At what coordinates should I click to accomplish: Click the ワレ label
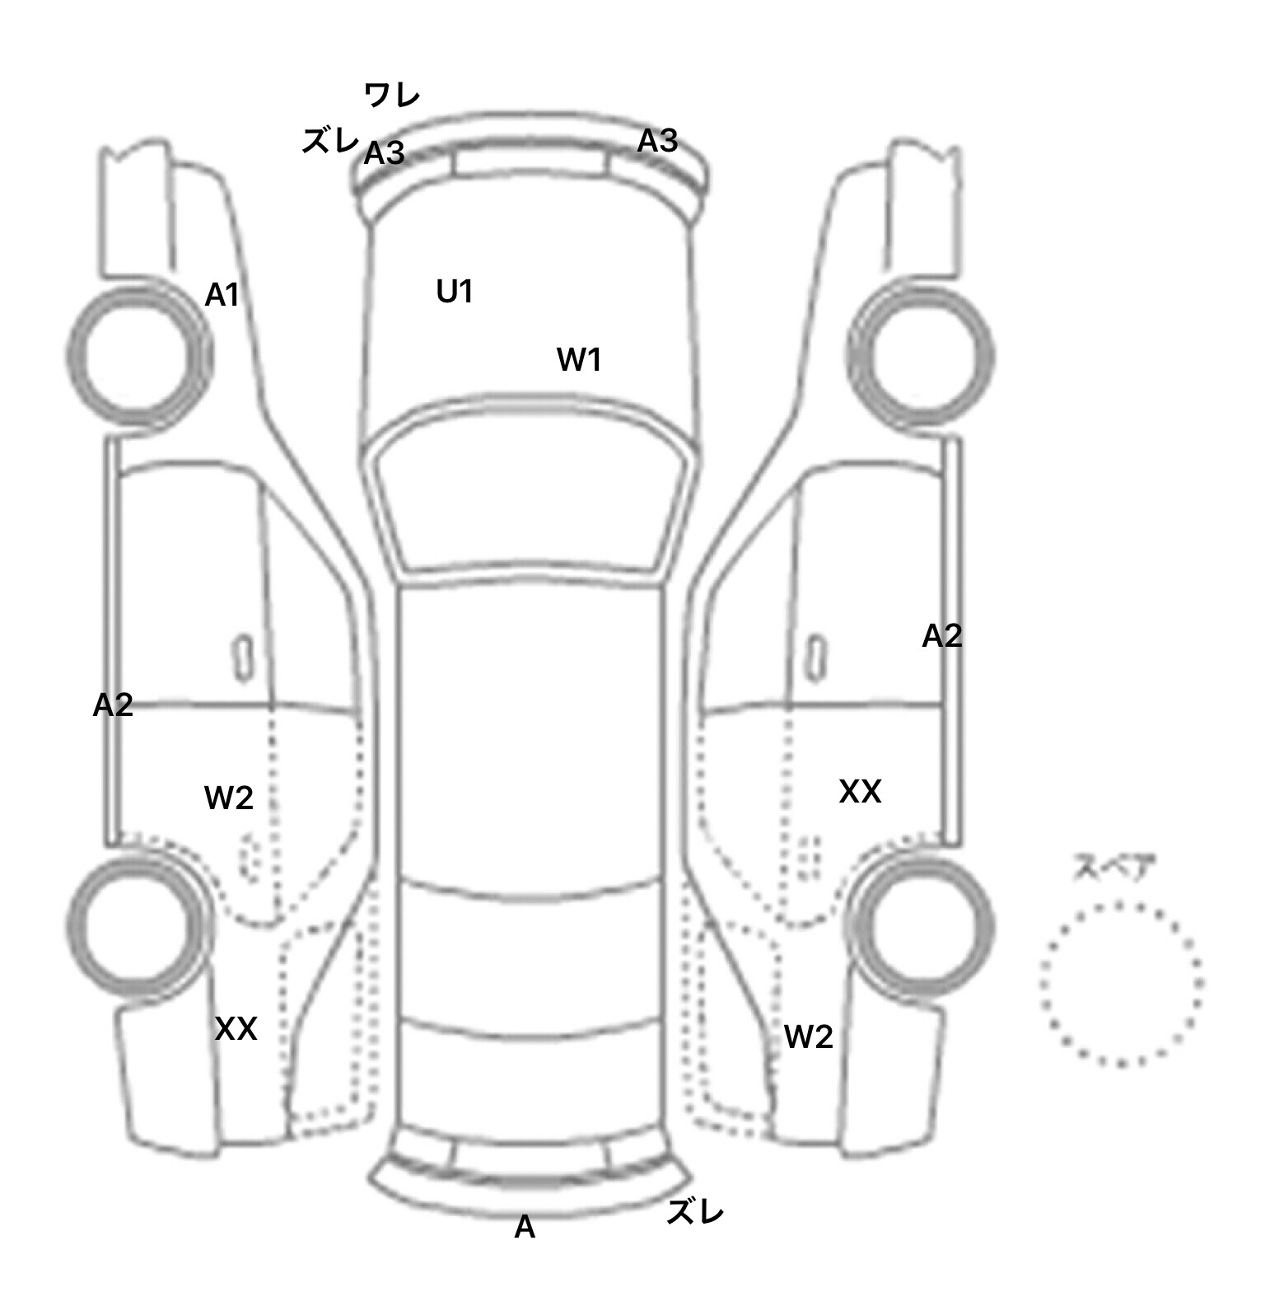[x=392, y=96]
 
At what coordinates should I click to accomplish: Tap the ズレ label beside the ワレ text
[x=329, y=142]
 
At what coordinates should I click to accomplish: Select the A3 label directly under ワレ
[x=385, y=152]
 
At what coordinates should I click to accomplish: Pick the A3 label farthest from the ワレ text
[x=657, y=141]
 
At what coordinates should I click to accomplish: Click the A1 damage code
[x=222, y=294]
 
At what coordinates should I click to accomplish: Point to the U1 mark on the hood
[x=455, y=291]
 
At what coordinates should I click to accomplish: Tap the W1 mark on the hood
[x=579, y=359]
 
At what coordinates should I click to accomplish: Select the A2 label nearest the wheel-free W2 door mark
[x=113, y=705]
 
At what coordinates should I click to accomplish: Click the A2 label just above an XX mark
[x=941, y=635]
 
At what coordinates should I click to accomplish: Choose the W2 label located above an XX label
[x=229, y=798]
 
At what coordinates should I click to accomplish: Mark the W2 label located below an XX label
[x=808, y=1037]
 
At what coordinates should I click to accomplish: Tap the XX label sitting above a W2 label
[x=860, y=792]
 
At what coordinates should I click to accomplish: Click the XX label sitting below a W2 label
[x=236, y=1028]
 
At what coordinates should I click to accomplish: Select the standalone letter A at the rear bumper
[x=525, y=1228]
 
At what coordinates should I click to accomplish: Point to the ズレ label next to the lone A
[x=695, y=1211]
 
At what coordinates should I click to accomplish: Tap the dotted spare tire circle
[x=1121, y=983]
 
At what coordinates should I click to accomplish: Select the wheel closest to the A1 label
[x=138, y=356]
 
